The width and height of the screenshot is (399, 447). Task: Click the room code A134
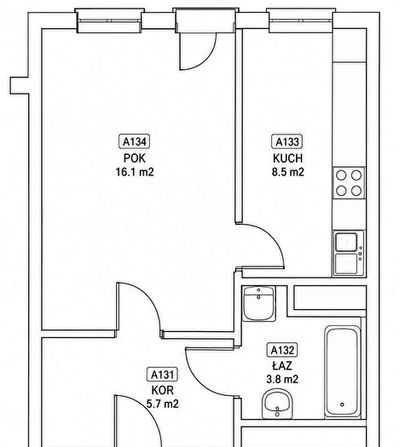135,141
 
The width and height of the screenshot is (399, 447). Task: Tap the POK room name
135,158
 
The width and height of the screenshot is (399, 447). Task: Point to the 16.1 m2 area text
135,172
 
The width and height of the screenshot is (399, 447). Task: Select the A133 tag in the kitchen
286,141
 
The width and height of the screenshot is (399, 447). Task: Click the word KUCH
287,158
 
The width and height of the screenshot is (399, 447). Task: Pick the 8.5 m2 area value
287,172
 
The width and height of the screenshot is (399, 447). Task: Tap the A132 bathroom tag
282,350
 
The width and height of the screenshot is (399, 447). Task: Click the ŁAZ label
282,365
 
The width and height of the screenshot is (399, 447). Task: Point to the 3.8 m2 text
282,379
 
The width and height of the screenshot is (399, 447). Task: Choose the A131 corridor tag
162,375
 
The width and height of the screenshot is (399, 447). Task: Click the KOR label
162,390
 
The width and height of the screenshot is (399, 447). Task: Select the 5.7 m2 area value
162,404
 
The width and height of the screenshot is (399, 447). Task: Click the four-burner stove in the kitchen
349,183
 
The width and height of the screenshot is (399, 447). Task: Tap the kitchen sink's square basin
346,242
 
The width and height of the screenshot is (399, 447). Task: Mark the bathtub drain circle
342,404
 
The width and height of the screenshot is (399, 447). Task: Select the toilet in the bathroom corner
259,304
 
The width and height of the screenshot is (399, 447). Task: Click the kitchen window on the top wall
301,20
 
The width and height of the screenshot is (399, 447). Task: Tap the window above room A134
110,20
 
